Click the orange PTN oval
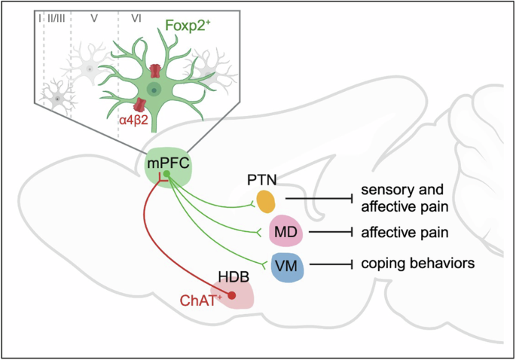click(266, 200)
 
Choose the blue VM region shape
click(287, 267)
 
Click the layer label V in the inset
click(93, 17)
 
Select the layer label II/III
click(57, 17)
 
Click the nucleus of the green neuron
click(154, 90)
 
